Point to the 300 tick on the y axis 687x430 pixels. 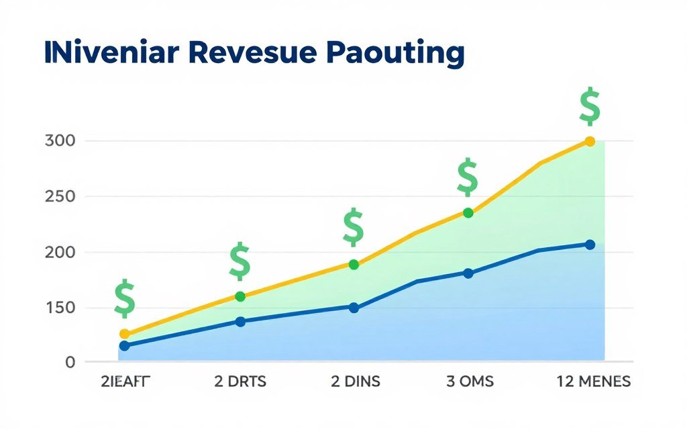[60, 141]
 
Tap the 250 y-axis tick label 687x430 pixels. [60, 197]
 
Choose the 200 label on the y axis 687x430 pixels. [60, 253]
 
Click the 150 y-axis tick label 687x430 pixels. [60, 308]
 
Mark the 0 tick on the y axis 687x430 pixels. [69, 363]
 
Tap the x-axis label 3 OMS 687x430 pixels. [470, 382]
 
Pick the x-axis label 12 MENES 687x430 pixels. [594, 382]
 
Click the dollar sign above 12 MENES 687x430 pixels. [590, 106]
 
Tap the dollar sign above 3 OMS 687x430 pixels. [468, 177]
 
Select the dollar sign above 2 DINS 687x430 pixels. [353, 227]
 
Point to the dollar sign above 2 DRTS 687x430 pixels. [240, 262]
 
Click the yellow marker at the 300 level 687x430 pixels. [590, 141]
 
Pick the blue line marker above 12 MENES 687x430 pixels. [590, 245]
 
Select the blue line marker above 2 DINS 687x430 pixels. [354, 308]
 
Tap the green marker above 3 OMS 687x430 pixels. [468, 213]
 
